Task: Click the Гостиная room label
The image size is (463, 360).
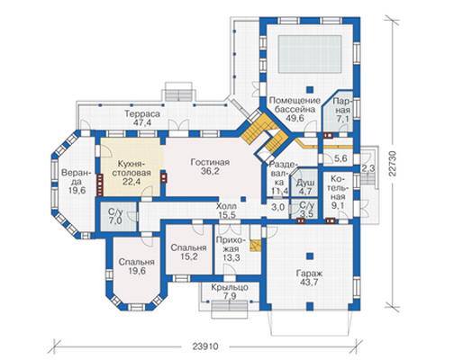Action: click(210, 166)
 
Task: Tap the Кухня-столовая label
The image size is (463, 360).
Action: click(134, 173)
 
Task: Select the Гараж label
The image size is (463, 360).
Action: click(309, 277)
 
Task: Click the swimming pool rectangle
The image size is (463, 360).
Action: click(310, 54)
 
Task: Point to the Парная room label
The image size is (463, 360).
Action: click(342, 110)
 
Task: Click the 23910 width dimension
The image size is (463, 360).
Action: click(205, 346)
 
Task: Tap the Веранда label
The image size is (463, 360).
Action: click(74, 182)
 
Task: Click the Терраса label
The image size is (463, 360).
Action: click(142, 118)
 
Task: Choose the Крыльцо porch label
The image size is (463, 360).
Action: click(230, 292)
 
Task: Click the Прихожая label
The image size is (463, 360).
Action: click(231, 248)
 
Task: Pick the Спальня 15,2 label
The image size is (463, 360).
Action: click(188, 252)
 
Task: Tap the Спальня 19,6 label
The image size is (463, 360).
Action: click(136, 266)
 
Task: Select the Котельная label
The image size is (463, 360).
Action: click(340, 193)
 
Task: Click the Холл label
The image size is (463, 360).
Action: click(226, 211)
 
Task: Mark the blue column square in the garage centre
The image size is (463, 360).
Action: click(310, 256)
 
